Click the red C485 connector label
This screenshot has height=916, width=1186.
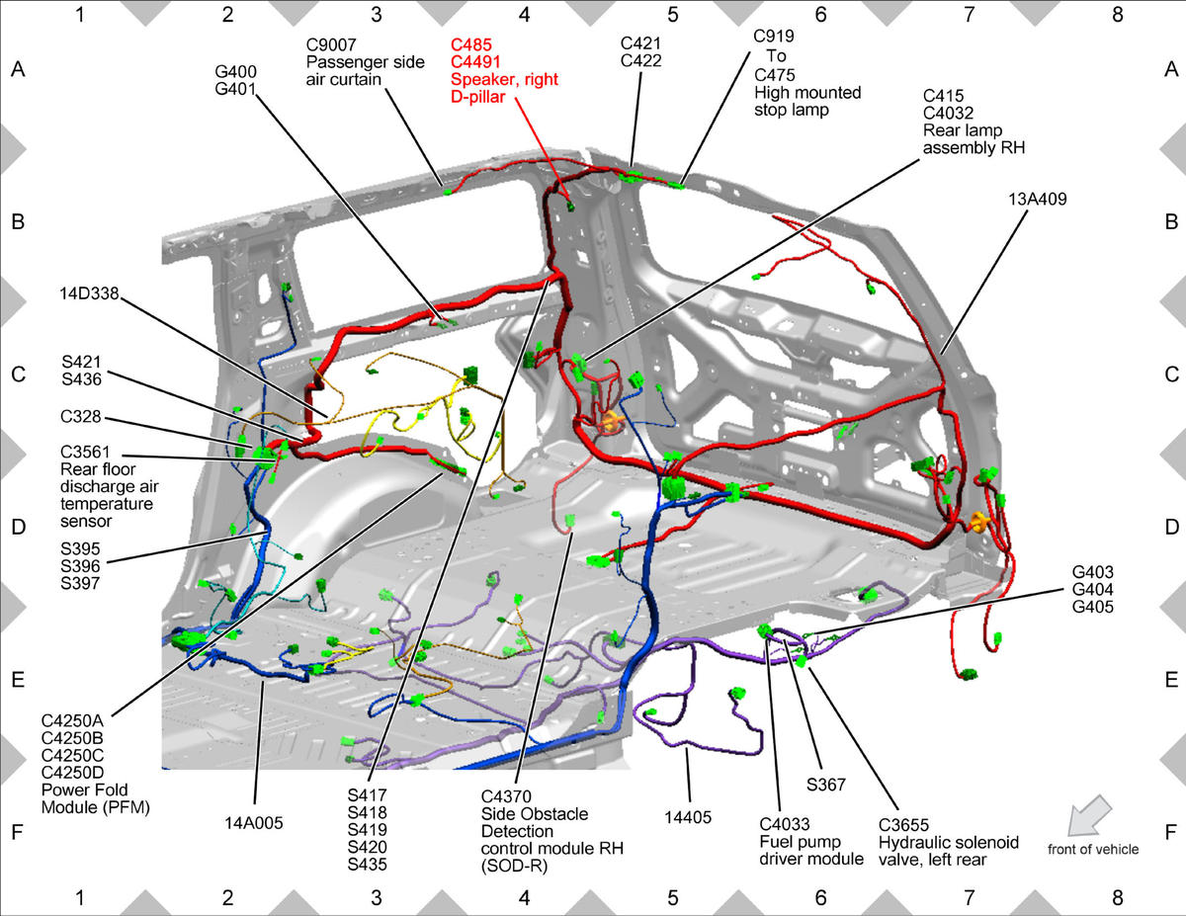pos(471,44)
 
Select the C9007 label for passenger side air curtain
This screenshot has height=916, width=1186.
pos(331,44)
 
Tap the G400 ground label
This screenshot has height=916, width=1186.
pos(236,71)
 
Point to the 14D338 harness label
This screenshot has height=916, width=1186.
pos(89,293)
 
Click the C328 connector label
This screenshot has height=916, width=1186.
pos(81,416)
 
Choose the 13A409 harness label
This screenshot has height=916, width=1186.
pos(1037,200)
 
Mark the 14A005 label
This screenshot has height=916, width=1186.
pos(254,823)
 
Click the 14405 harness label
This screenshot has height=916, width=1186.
pos(688,817)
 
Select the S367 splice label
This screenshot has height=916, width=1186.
pos(826,785)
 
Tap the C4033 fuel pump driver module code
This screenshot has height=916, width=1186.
pos(785,824)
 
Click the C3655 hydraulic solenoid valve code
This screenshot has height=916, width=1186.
pos(903,825)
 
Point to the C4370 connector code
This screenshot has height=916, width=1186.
pos(506,796)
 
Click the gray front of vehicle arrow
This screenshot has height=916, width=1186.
pos(1089,815)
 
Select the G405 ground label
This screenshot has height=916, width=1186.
pos(1093,607)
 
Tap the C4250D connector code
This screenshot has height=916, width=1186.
pos(72,773)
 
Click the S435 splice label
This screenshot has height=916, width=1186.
pos(368,865)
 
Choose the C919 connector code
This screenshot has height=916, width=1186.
pos(774,36)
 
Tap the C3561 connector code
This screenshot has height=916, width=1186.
pos(85,452)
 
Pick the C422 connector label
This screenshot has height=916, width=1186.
pos(640,60)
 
